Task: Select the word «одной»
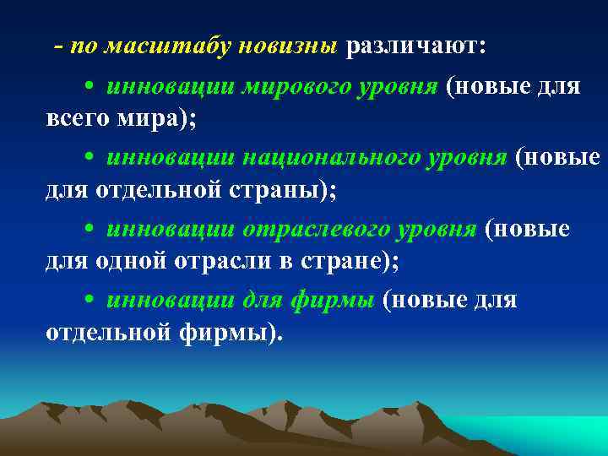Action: click(129, 260)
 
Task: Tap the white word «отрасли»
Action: click(218, 260)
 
